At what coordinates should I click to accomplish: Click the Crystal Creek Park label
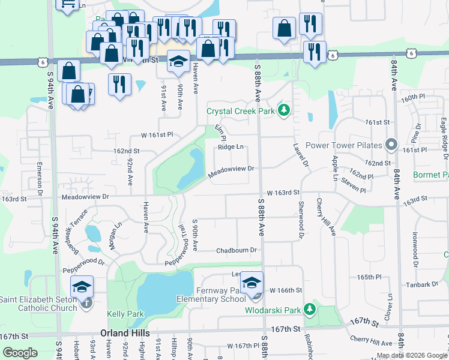coord(240,111)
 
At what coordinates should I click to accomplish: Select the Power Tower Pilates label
coord(343,145)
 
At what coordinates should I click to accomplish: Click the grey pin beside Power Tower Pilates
coord(391,145)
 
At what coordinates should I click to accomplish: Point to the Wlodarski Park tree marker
coord(310,310)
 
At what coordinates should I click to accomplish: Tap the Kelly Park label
coord(125,314)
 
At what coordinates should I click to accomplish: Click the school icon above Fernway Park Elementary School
coord(252,282)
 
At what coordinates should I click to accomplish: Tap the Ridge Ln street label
coord(231,147)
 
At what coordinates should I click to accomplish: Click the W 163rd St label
coord(283,192)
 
